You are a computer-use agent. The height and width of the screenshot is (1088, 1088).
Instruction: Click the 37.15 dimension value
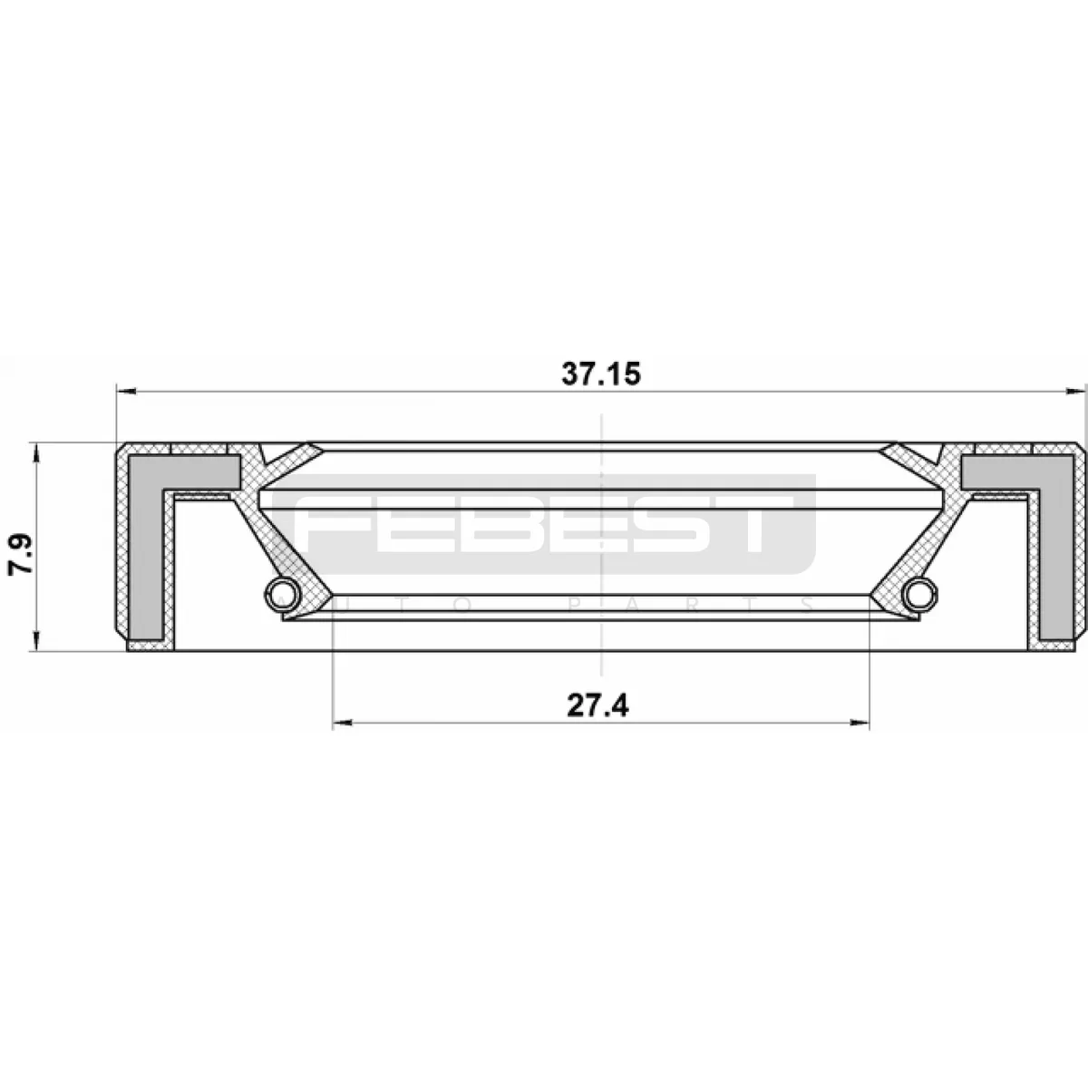[601, 374]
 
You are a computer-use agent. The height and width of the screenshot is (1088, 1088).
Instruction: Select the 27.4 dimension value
[597, 705]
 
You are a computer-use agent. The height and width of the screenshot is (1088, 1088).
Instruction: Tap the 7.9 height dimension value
[21, 556]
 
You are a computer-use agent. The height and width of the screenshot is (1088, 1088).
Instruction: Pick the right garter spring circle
[919, 595]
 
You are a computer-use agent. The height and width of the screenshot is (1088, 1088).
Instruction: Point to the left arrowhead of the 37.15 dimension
[126, 391]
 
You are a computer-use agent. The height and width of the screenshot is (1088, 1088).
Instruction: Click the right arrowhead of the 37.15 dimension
[1075, 391]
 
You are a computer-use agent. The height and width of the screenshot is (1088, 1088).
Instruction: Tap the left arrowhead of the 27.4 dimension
[344, 723]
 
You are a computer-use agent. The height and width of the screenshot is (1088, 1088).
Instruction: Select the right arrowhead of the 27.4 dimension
[859, 723]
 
